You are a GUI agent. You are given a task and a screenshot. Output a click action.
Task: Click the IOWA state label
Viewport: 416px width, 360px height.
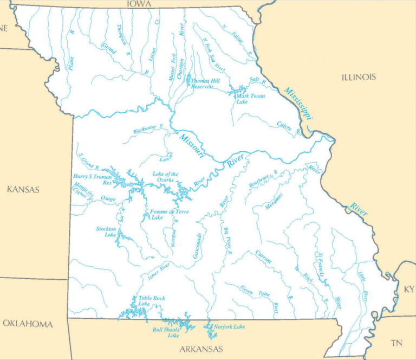(x=139, y=4)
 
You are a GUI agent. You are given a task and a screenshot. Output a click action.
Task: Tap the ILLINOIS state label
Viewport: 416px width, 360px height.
(x=359, y=77)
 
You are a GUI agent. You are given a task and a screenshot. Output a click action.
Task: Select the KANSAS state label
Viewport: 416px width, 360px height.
(x=23, y=189)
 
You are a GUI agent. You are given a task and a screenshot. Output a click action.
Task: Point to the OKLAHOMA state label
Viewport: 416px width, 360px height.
(x=28, y=324)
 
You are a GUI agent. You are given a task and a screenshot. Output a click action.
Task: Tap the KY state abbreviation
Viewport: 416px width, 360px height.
(x=408, y=289)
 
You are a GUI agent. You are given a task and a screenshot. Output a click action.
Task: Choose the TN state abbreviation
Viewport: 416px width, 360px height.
(x=397, y=342)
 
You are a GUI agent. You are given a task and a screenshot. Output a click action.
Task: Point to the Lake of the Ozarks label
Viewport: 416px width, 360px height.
(x=165, y=177)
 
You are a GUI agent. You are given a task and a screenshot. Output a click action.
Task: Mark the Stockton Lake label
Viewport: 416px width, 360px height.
(x=106, y=232)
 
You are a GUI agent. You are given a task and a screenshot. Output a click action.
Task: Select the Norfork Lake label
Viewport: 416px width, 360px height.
(x=229, y=326)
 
